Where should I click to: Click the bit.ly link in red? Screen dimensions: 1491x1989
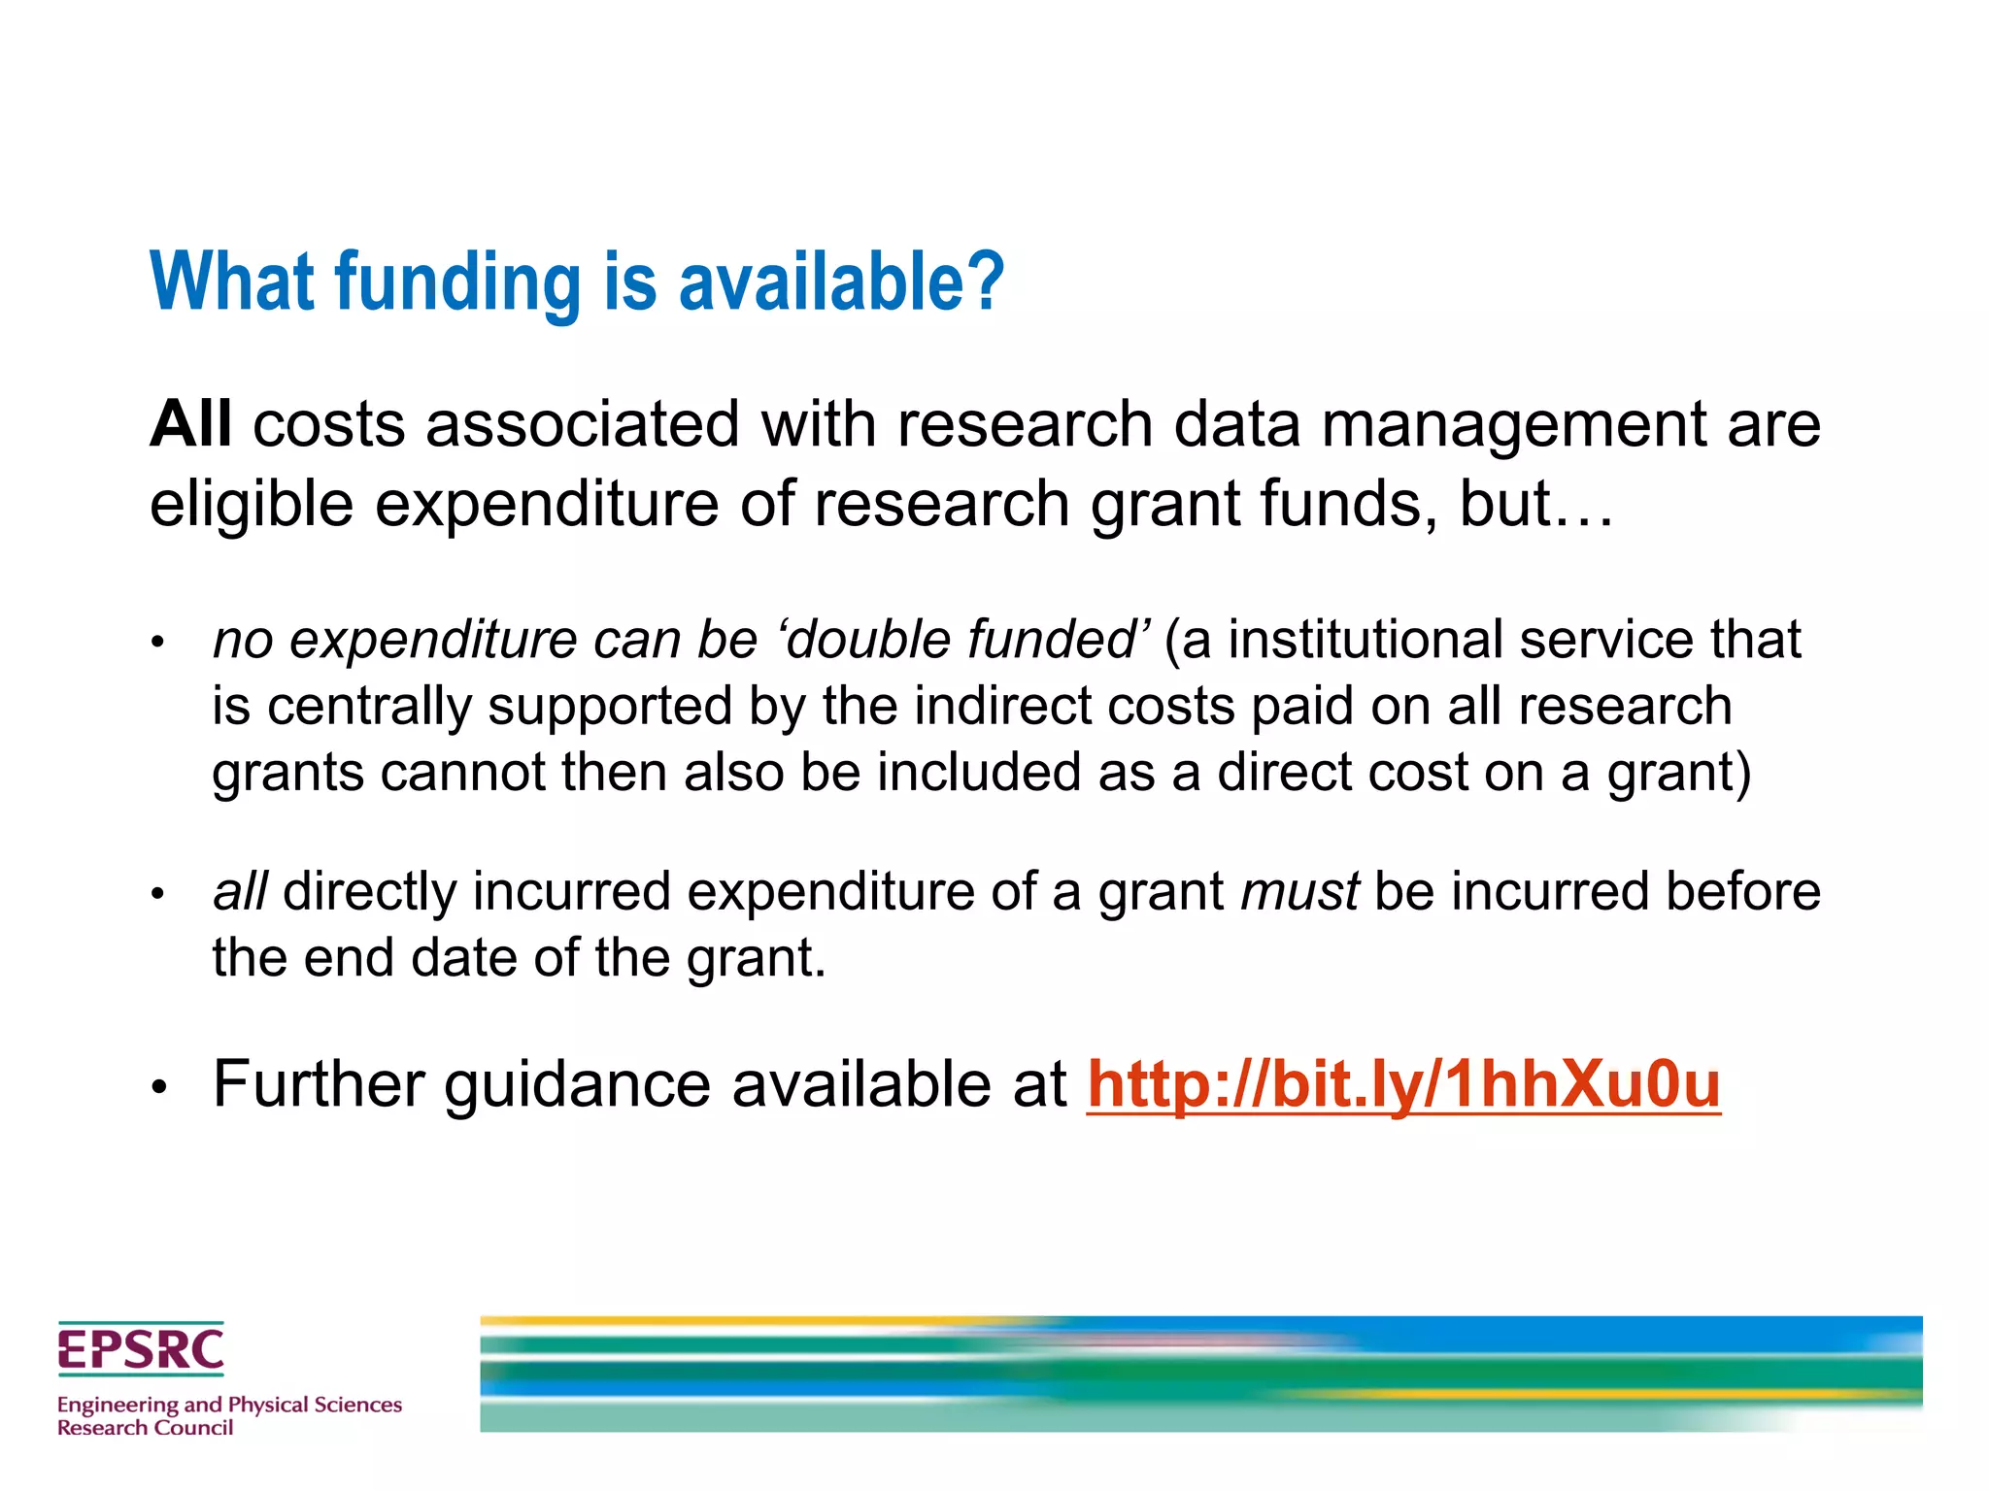1403,1084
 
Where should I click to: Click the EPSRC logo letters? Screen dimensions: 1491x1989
141,1350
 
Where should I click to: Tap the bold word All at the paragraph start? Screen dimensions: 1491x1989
190,424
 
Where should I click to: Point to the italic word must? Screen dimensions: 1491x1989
1300,891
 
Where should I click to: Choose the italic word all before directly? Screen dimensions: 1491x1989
240,891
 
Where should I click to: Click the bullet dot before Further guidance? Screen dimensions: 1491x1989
160,1087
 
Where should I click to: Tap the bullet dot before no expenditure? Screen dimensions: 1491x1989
159,643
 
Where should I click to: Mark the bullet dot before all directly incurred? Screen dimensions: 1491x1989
159,894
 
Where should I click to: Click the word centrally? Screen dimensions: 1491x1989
369,706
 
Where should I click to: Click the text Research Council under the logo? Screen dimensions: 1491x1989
146,1428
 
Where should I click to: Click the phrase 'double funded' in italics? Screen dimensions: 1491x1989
965,640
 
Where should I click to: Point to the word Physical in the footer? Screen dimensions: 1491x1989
267,1405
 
